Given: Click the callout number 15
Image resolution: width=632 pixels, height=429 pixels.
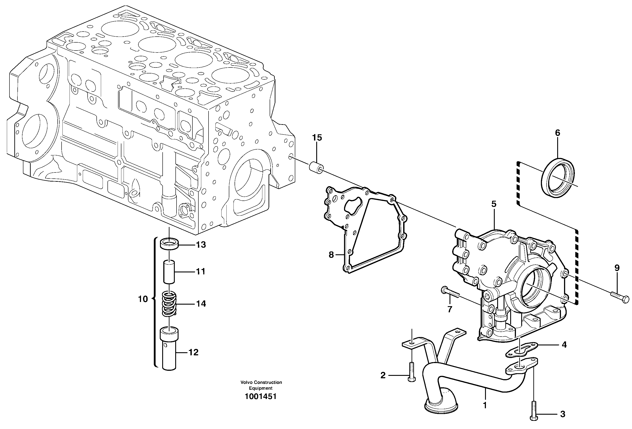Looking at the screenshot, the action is (317, 138).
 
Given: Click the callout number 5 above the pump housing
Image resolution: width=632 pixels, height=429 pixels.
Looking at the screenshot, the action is (494, 204).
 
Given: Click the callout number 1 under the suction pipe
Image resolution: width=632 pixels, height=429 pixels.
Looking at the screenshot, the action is (485, 413).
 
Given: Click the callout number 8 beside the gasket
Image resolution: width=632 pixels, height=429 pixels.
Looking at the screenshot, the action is (331, 255).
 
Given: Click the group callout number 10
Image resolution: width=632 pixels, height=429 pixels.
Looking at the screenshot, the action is (143, 299).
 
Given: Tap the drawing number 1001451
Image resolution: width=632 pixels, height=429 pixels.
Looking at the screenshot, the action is (261, 396).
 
